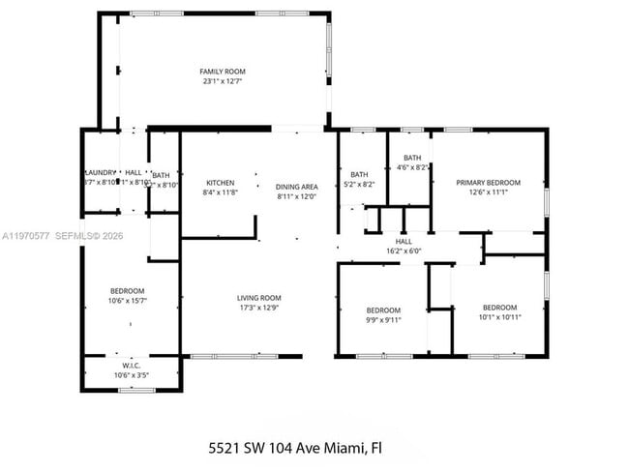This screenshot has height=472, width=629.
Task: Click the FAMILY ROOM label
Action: (223, 72)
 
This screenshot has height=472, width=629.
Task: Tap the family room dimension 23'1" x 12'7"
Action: (223, 82)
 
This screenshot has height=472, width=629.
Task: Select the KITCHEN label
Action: (220, 183)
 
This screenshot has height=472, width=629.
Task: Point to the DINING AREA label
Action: (296, 187)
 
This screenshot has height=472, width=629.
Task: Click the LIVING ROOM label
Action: (259, 298)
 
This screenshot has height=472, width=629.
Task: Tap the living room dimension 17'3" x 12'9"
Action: (259, 309)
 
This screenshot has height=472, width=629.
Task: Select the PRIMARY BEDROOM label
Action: (489, 182)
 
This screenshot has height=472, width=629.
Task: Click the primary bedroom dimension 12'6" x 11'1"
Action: (489, 192)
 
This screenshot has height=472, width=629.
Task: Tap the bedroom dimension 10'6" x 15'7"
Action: (128, 302)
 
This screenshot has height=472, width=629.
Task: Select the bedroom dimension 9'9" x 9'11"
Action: (383, 320)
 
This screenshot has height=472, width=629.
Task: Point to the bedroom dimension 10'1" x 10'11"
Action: (500, 316)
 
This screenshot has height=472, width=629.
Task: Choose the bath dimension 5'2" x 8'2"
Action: (359, 184)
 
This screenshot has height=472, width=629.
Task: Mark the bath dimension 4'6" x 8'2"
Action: (412, 167)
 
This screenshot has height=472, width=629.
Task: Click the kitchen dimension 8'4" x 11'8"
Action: (220, 193)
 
